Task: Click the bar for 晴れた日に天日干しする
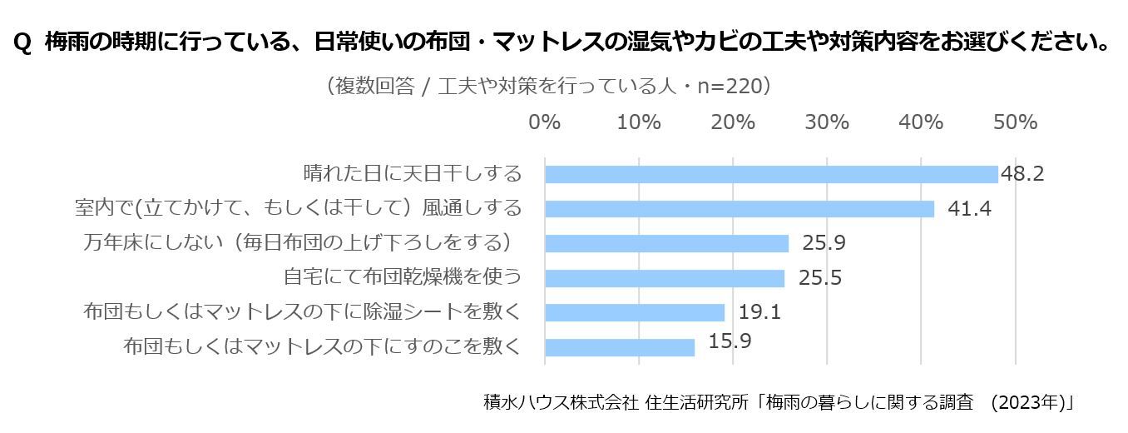(x=770, y=174)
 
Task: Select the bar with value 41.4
(x=739, y=208)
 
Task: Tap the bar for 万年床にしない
(x=666, y=243)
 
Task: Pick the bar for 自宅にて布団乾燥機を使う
(x=664, y=278)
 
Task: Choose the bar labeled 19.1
(x=634, y=312)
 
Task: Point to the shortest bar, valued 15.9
(x=619, y=346)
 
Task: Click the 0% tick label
(x=545, y=122)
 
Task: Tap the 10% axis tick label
(x=639, y=122)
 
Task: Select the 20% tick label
(x=733, y=122)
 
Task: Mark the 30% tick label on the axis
(x=827, y=122)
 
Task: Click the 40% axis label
(x=921, y=122)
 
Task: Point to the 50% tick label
(x=1015, y=122)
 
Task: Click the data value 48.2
(x=1022, y=174)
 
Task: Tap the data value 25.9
(x=824, y=243)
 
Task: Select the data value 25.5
(x=819, y=278)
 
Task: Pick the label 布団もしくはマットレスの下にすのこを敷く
(x=322, y=346)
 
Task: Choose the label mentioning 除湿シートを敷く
(x=303, y=312)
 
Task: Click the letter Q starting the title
(x=23, y=42)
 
